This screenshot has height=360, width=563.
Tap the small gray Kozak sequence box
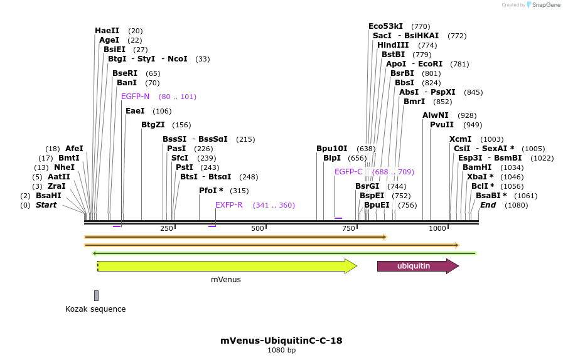[96, 295]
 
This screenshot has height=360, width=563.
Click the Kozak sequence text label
[95, 309]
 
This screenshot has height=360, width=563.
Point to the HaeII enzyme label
[107, 31]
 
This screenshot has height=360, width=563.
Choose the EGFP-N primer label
[135, 97]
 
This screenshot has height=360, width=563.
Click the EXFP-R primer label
[229, 205]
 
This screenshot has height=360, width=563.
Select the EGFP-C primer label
[348, 172]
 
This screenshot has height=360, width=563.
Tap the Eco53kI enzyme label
[385, 26]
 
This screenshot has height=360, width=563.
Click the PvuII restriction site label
[442, 125]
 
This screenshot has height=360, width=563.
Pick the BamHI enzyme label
[477, 167]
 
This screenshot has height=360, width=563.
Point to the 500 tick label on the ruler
[257, 228]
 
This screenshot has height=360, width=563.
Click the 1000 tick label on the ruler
[437, 228]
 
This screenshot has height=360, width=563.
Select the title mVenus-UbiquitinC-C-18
[281, 341]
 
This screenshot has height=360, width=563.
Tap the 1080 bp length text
[281, 350]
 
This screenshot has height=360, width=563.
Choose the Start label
[46, 205]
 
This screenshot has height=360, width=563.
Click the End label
[488, 205]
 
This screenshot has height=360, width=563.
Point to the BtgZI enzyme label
[153, 125]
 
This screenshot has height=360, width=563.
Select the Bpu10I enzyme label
[331, 149]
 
